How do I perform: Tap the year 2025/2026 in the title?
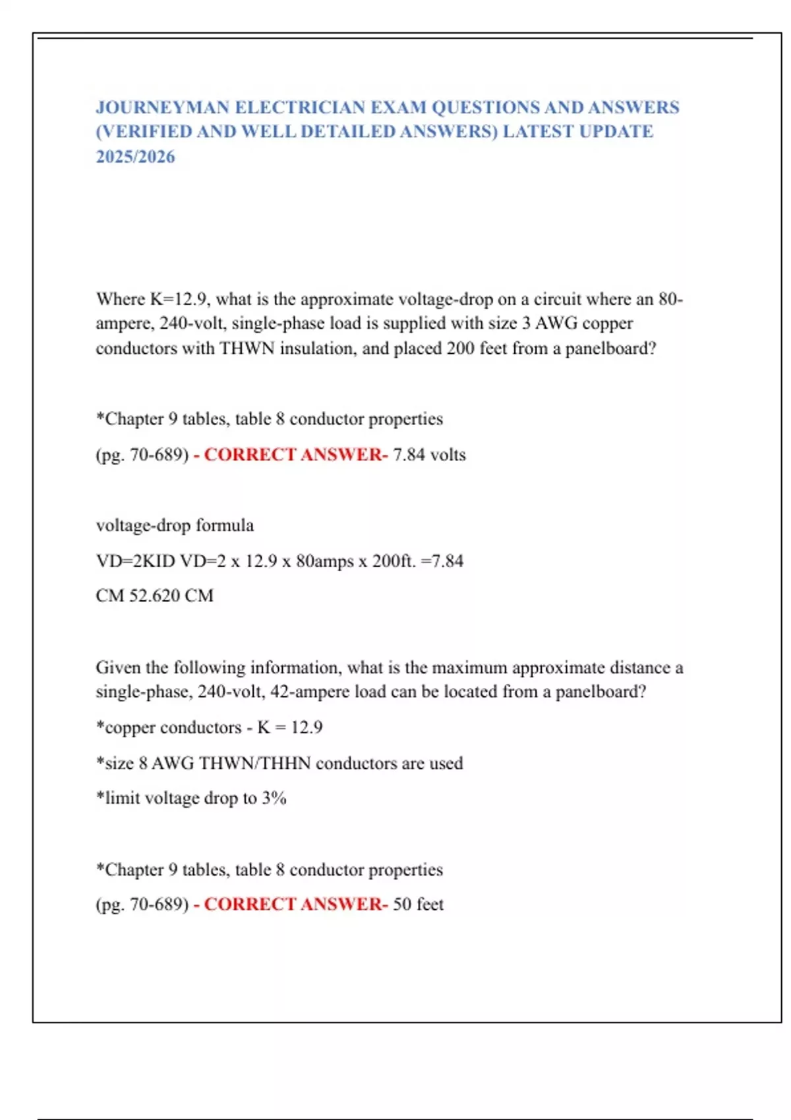pyautogui.click(x=135, y=157)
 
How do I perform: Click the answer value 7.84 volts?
pyautogui.click(x=429, y=455)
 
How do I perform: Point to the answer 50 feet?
pyautogui.click(x=418, y=904)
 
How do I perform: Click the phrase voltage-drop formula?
pyautogui.click(x=175, y=525)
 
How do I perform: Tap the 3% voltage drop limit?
pyautogui.click(x=274, y=798)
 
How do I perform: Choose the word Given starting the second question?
pyautogui.click(x=118, y=667)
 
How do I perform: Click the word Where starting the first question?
pyautogui.click(x=121, y=299)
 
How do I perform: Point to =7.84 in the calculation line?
pyautogui.click(x=442, y=561)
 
